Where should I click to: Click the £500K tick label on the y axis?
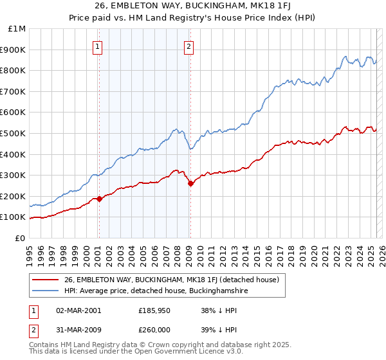point(14,133)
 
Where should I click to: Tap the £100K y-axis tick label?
point(14,217)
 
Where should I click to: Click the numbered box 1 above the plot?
point(98,46)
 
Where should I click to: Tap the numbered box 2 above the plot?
point(189,46)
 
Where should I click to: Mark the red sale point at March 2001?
point(99,199)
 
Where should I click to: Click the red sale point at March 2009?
point(190,184)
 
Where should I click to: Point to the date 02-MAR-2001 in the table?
point(78,310)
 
